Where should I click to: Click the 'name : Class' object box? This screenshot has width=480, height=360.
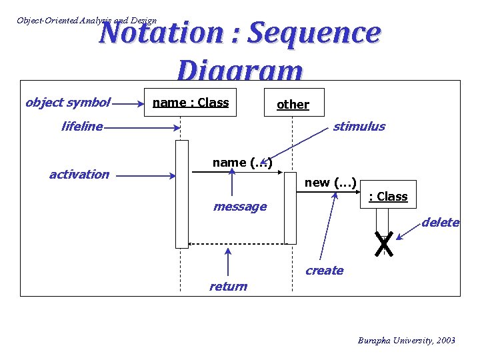pos(191,102)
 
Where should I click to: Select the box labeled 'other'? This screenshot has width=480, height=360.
pos(293,104)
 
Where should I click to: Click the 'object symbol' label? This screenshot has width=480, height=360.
pos(67,102)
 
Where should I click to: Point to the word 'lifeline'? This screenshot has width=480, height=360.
pos(81,126)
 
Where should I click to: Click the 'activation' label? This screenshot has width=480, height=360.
pos(79,174)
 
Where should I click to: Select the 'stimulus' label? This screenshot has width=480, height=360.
pos(359,126)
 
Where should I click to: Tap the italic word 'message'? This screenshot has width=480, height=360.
pos(239,207)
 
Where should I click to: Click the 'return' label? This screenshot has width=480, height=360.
pos(228,286)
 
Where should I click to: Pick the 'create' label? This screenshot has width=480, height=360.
pos(324,270)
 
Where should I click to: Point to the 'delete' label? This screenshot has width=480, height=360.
pos(440,222)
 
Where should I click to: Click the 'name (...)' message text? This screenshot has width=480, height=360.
pos(242,162)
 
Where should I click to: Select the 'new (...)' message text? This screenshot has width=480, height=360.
pos(331,182)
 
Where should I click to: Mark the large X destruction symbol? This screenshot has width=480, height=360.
pos(383,245)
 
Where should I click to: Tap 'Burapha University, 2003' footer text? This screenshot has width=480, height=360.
pos(406,340)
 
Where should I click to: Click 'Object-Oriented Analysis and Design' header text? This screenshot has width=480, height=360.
pos(87,20)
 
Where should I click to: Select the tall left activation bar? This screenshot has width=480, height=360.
pos(181,194)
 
